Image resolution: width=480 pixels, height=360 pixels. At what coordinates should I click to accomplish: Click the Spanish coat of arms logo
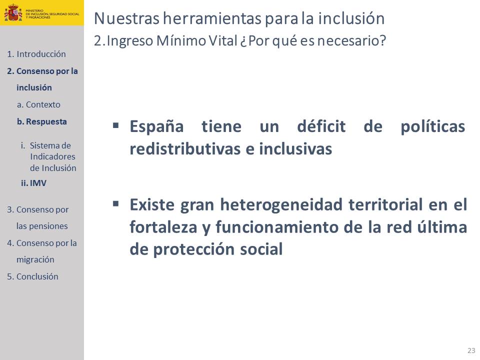tap(13, 12)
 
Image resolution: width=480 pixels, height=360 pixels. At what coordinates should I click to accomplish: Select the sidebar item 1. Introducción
tap(36, 54)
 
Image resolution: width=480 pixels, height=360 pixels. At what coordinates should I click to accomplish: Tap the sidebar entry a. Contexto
tap(38, 104)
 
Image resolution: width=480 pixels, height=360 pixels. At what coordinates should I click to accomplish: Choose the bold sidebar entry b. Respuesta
tap(42, 121)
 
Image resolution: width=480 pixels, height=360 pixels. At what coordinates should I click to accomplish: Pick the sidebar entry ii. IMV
tap(33, 183)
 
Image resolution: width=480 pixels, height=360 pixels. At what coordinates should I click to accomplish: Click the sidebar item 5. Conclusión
tap(32, 276)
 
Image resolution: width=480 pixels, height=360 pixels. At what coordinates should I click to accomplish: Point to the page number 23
tap(471, 350)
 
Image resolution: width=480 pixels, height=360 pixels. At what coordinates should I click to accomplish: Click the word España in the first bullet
tap(156, 126)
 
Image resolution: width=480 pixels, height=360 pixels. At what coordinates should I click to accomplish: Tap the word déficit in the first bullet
tap(321, 126)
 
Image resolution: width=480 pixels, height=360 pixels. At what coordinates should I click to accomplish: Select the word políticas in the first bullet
tap(433, 126)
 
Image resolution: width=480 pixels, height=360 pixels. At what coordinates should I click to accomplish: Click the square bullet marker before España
tap(115, 125)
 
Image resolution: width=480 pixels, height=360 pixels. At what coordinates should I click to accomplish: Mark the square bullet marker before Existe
tap(115, 204)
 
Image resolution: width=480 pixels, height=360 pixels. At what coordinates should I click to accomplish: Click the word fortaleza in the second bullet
tap(163, 227)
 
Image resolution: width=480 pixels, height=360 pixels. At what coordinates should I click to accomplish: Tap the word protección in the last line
tap(193, 249)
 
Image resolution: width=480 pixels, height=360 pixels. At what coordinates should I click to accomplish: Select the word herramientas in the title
tap(212, 18)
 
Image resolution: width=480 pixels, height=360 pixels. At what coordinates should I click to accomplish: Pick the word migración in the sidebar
tap(35, 260)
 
